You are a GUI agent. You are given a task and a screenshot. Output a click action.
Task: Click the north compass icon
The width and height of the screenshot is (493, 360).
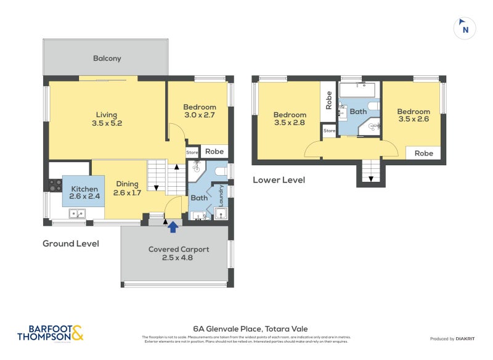[465, 28]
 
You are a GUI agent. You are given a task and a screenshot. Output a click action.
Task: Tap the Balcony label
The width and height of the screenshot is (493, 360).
[107, 59]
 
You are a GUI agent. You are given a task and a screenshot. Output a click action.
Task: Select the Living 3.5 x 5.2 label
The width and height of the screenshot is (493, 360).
[106, 118]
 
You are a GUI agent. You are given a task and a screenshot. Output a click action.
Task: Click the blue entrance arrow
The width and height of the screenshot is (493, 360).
[173, 227]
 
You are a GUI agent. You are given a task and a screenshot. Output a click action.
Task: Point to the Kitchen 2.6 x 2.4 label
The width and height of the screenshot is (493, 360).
[84, 193]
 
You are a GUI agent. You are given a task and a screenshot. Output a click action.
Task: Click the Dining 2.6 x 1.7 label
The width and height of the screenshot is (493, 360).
[127, 189]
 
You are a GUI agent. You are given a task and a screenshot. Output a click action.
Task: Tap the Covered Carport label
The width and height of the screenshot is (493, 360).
[179, 253]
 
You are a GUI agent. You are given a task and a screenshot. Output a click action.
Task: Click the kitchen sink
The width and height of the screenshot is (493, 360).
[78, 214]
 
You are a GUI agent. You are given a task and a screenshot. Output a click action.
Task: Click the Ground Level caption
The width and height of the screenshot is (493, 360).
[70, 243]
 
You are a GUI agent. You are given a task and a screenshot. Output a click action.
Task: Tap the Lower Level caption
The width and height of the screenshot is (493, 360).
[279, 180]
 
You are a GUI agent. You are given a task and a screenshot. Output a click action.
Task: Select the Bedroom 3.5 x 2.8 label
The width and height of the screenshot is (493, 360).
[290, 119]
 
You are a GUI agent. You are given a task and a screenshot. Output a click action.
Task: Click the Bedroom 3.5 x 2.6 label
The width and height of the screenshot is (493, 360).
[414, 115]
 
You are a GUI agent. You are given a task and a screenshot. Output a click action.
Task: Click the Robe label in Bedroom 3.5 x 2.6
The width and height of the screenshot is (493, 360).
[423, 153]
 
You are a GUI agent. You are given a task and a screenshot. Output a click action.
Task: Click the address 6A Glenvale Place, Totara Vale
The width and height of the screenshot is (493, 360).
[246, 329]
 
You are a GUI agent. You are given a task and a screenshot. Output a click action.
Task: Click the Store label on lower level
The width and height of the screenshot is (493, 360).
[329, 130]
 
